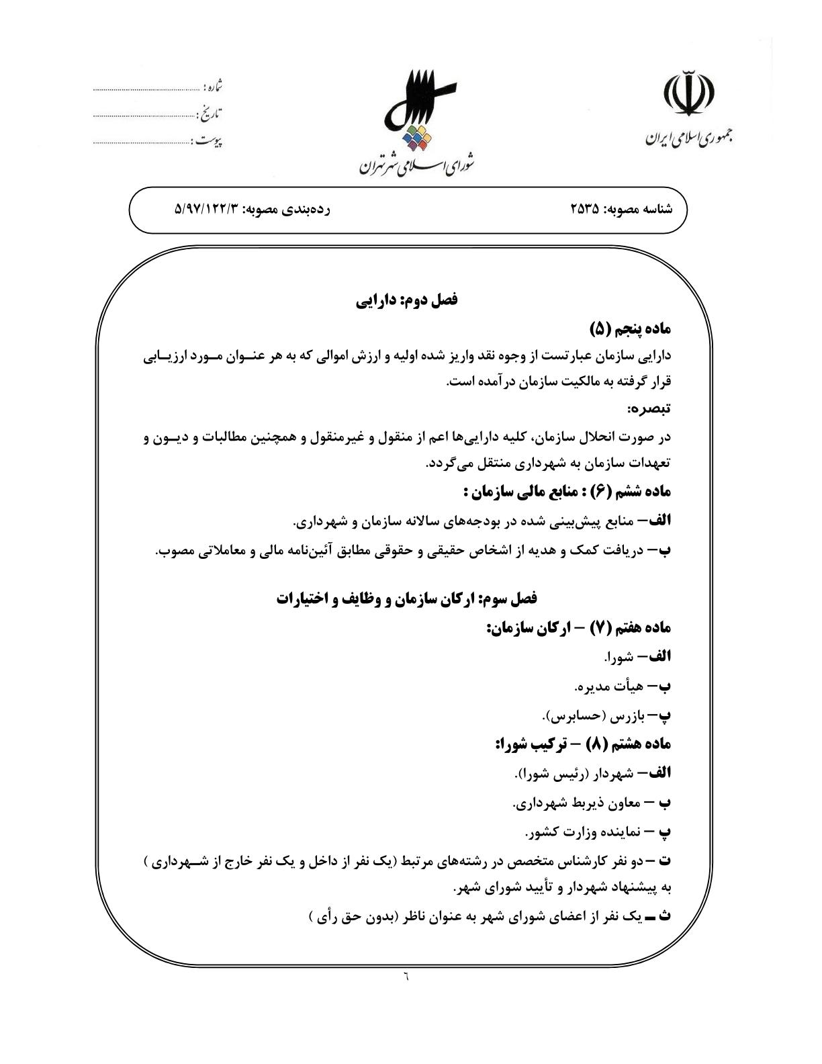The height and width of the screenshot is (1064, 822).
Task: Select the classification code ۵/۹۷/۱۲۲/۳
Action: [206, 210]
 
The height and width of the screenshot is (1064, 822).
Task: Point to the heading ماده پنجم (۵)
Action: [631, 328]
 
